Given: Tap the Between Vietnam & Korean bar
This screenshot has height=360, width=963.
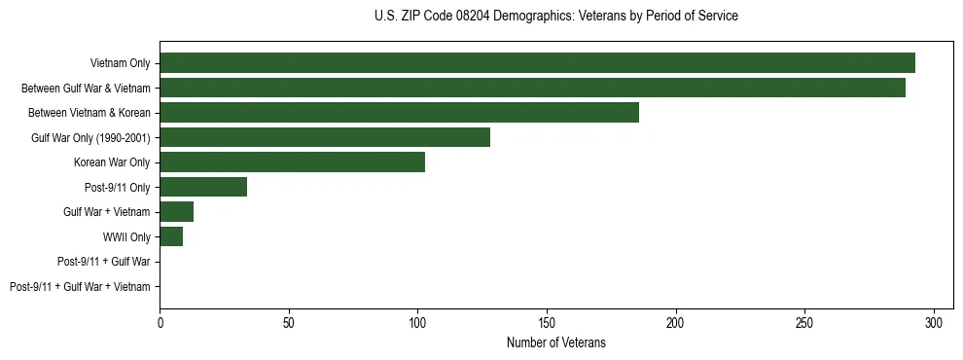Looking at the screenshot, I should pyautogui.click(x=399, y=113).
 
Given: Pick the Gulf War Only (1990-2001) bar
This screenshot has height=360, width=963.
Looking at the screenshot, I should pyautogui.click(x=325, y=137).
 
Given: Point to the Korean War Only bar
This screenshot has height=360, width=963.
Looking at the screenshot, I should pyautogui.click(x=292, y=162).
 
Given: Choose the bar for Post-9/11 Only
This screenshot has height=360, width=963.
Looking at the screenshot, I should pyautogui.click(x=203, y=187).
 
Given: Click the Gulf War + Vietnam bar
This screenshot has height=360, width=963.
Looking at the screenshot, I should pyautogui.click(x=176, y=212).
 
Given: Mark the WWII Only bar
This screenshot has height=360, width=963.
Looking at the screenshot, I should pyautogui.click(x=171, y=236).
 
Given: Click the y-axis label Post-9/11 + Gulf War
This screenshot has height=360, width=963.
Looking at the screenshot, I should pyautogui.click(x=104, y=262).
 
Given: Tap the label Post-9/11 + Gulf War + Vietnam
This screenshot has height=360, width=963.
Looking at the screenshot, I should pyautogui.click(x=80, y=287).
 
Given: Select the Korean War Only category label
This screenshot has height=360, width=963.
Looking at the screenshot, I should pyautogui.click(x=112, y=162).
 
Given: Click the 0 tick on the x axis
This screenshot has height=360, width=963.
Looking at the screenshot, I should pyautogui.click(x=160, y=322).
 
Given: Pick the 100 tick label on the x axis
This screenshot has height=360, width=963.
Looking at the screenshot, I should pyautogui.click(x=417, y=322).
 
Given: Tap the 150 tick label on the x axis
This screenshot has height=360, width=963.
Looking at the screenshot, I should pyautogui.click(x=547, y=322).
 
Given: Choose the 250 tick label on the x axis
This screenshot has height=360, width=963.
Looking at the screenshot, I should pyautogui.click(x=804, y=322).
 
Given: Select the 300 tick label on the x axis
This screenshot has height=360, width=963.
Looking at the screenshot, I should pyautogui.click(x=934, y=322).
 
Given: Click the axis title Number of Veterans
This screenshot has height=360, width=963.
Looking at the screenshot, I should pyautogui.click(x=555, y=342).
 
